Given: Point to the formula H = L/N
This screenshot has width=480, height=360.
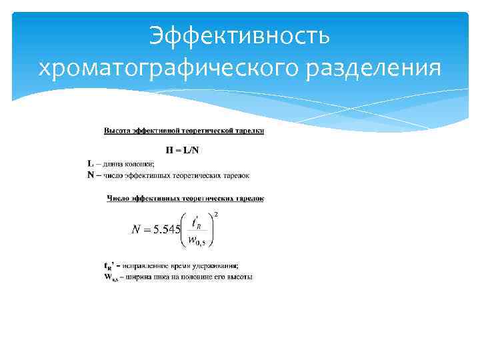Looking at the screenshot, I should (183, 150).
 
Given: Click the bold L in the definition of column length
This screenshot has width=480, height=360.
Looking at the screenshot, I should (90, 163).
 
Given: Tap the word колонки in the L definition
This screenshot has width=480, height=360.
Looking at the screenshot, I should (141, 163).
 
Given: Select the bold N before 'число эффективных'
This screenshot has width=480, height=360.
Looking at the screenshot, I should (91, 175).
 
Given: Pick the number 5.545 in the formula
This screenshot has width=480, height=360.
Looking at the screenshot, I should (167, 230).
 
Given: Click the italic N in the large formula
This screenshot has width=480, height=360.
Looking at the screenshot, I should (136, 230).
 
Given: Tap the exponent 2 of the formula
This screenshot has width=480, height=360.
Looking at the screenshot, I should (215, 214).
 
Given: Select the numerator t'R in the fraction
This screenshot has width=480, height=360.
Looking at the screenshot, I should (197, 221).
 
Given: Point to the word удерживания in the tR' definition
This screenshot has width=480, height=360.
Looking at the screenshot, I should (206, 266).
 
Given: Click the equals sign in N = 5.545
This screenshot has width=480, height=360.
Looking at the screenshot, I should (147, 230).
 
